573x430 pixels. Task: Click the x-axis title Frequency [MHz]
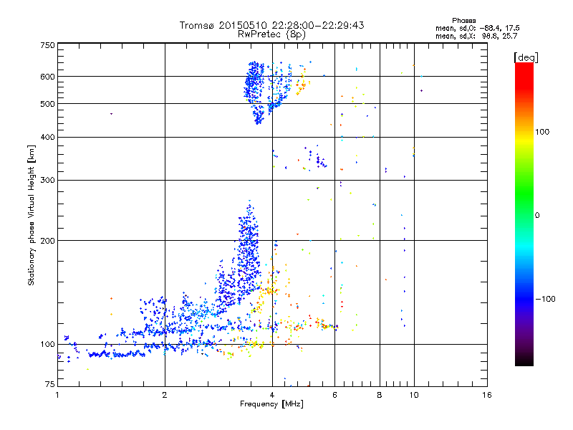(x=272, y=404)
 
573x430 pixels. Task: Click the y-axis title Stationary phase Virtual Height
(x=31, y=215)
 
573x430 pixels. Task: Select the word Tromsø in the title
(x=197, y=25)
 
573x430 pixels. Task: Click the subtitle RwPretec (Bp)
(x=272, y=34)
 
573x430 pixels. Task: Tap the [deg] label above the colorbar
(x=526, y=57)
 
